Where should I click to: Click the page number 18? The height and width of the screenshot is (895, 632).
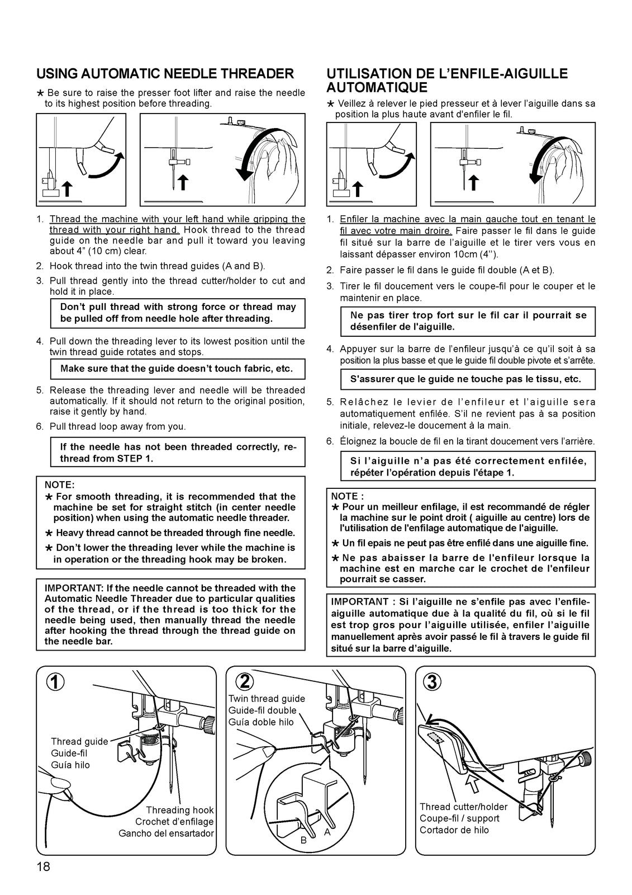point(43,868)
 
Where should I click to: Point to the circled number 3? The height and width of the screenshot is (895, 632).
point(433,682)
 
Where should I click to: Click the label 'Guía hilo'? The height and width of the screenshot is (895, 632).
point(70,765)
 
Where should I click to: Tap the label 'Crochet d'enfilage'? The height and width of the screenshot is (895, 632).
point(174,822)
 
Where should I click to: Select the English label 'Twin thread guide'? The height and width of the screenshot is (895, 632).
point(267,699)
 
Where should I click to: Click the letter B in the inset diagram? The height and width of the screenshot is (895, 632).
point(303,840)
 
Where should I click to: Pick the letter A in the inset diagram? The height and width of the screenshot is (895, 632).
point(327,832)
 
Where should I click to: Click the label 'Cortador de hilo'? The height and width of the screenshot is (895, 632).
point(454,830)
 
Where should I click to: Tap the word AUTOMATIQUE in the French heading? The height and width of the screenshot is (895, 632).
point(377,88)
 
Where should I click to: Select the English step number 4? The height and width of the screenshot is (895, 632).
point(40,341)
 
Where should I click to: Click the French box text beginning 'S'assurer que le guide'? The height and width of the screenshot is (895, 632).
point(465,379)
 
